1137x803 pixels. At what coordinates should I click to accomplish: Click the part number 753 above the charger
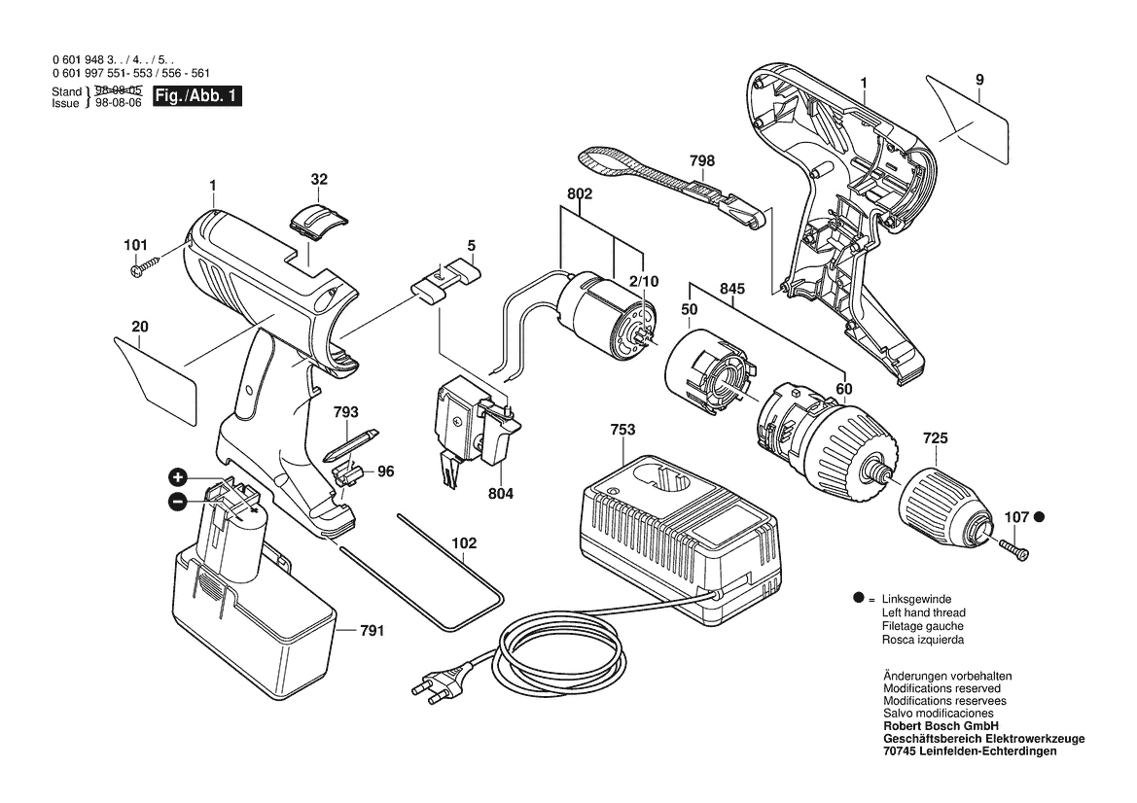click(623, 430)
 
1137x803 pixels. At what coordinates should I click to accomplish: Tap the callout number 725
click(935, 439)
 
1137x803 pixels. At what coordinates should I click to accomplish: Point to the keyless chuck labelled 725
click(942, 502)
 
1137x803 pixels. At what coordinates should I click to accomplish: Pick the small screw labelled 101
click(145, 265)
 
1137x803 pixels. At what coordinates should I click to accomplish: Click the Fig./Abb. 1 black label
click(196, 96)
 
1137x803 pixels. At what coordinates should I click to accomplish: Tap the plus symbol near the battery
click(178, 477)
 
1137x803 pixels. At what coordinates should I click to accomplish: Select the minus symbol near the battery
click(178, 502)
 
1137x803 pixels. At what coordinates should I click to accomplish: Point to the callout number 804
click(500, 494)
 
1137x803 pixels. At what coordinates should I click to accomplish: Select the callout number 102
click(465, 544)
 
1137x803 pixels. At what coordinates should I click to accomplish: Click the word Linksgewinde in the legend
click(916, 599)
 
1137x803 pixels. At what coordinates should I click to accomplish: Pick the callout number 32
click(319, 179)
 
